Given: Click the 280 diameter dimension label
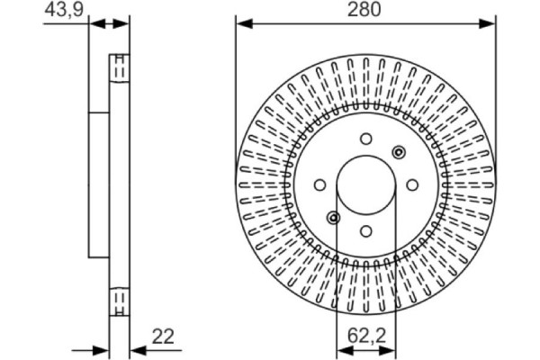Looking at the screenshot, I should (365, 10).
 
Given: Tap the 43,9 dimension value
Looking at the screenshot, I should (58, 10).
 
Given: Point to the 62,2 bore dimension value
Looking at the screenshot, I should (365, 336).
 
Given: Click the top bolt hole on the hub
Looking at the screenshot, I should (365, 139).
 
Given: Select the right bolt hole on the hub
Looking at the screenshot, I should (411, 184).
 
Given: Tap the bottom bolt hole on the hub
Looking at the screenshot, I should (365, 229).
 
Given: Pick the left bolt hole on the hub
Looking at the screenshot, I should (319, 184).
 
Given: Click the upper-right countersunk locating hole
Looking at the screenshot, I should (398, 151).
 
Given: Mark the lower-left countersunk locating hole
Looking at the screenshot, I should (334, 217).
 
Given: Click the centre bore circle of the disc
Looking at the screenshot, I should (365, 184).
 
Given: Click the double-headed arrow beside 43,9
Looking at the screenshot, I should (108, 24).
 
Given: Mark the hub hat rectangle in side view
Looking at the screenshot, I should (99, 184).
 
